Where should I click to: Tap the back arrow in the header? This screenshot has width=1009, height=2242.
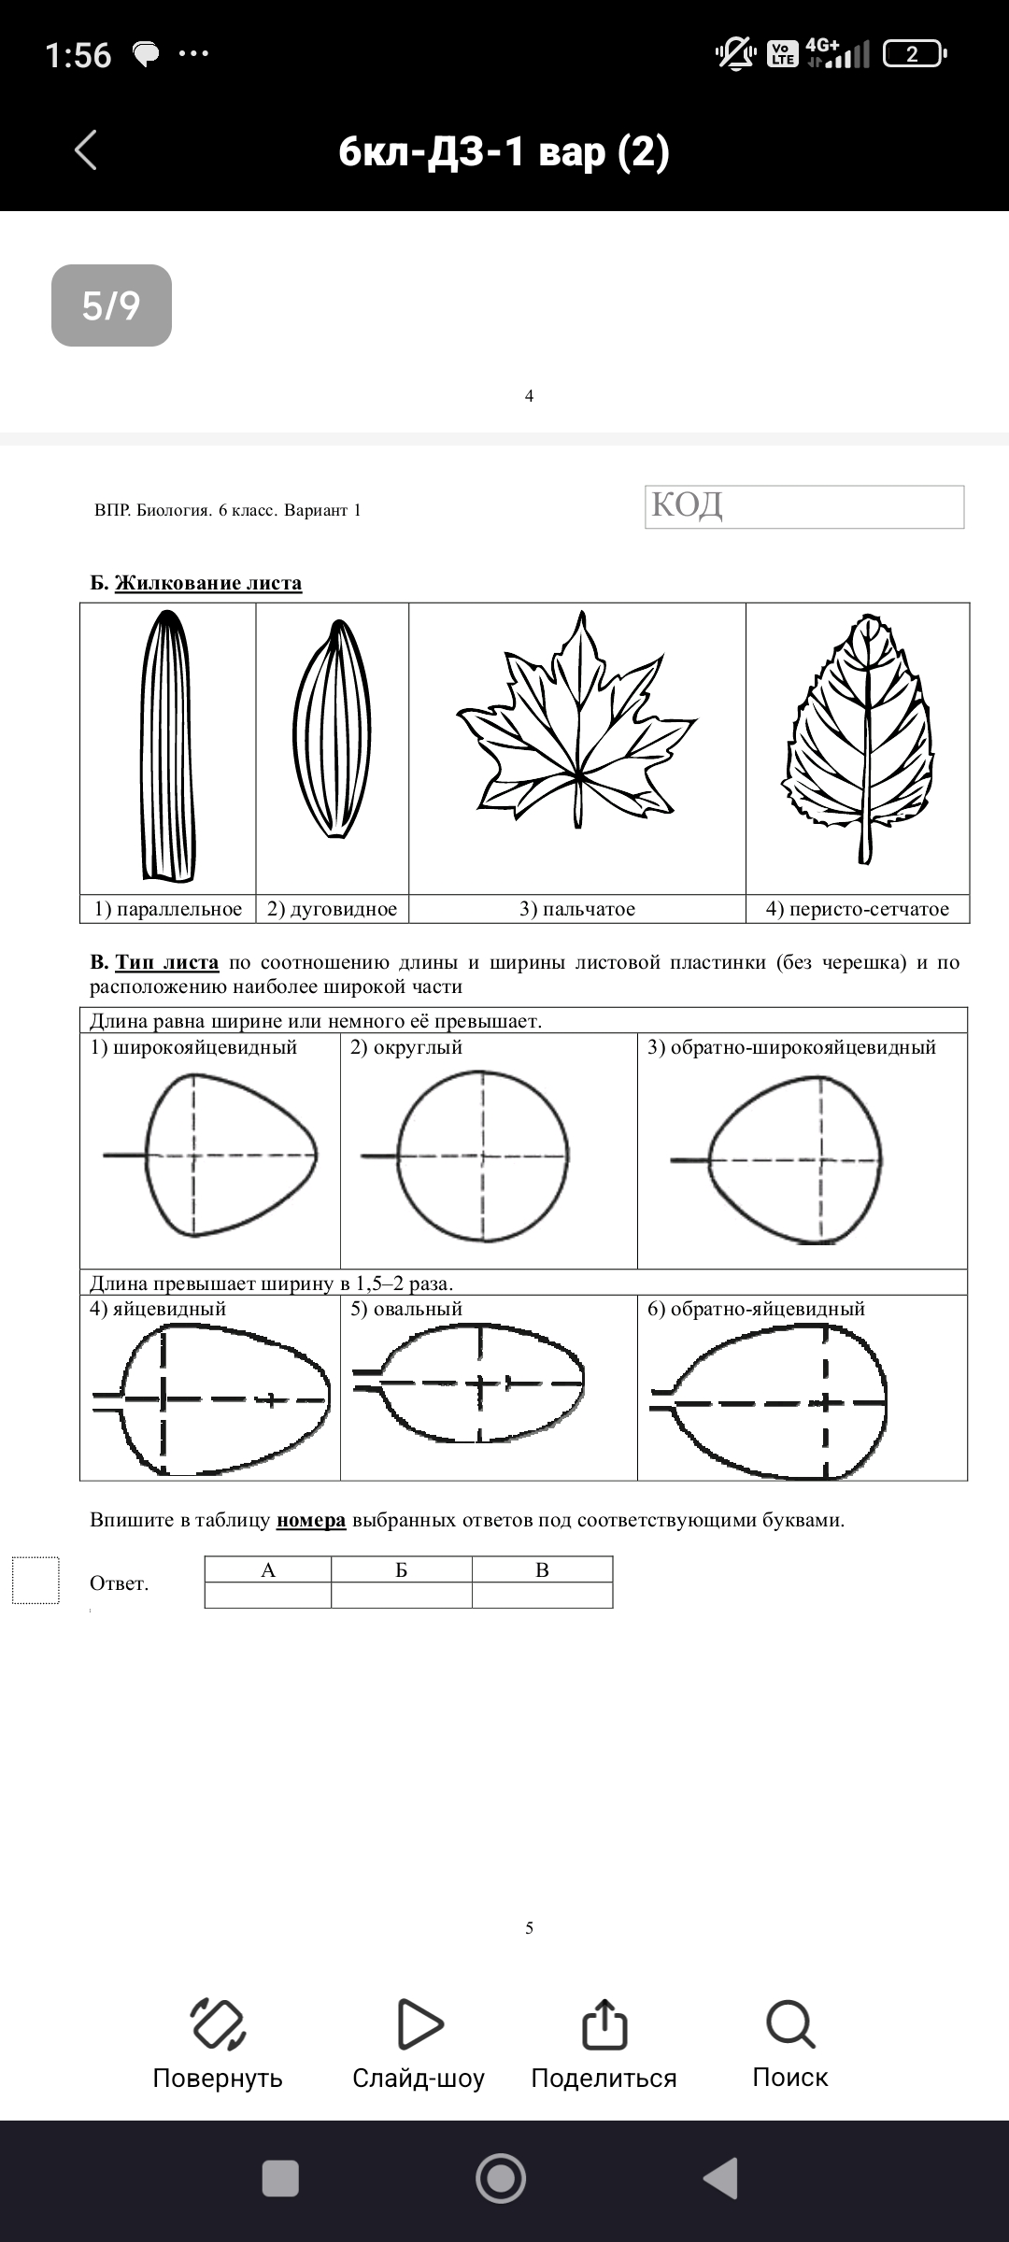86,149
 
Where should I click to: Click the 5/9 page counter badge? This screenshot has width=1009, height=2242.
111,305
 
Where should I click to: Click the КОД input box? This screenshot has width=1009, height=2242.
804,506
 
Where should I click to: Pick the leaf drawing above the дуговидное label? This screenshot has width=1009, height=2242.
332,731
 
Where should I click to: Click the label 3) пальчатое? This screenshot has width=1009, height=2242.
577,909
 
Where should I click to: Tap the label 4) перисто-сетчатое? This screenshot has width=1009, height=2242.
857,909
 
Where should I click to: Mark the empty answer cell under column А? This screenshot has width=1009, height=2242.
268,1595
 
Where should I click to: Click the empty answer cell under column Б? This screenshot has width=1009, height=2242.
402,1595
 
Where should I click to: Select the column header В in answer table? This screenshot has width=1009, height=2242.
542,1569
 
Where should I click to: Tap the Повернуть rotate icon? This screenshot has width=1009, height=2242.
218,2024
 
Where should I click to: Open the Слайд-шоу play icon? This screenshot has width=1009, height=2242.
419,2024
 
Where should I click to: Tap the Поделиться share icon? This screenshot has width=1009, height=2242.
604,2024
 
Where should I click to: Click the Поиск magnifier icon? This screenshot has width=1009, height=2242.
790,2024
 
